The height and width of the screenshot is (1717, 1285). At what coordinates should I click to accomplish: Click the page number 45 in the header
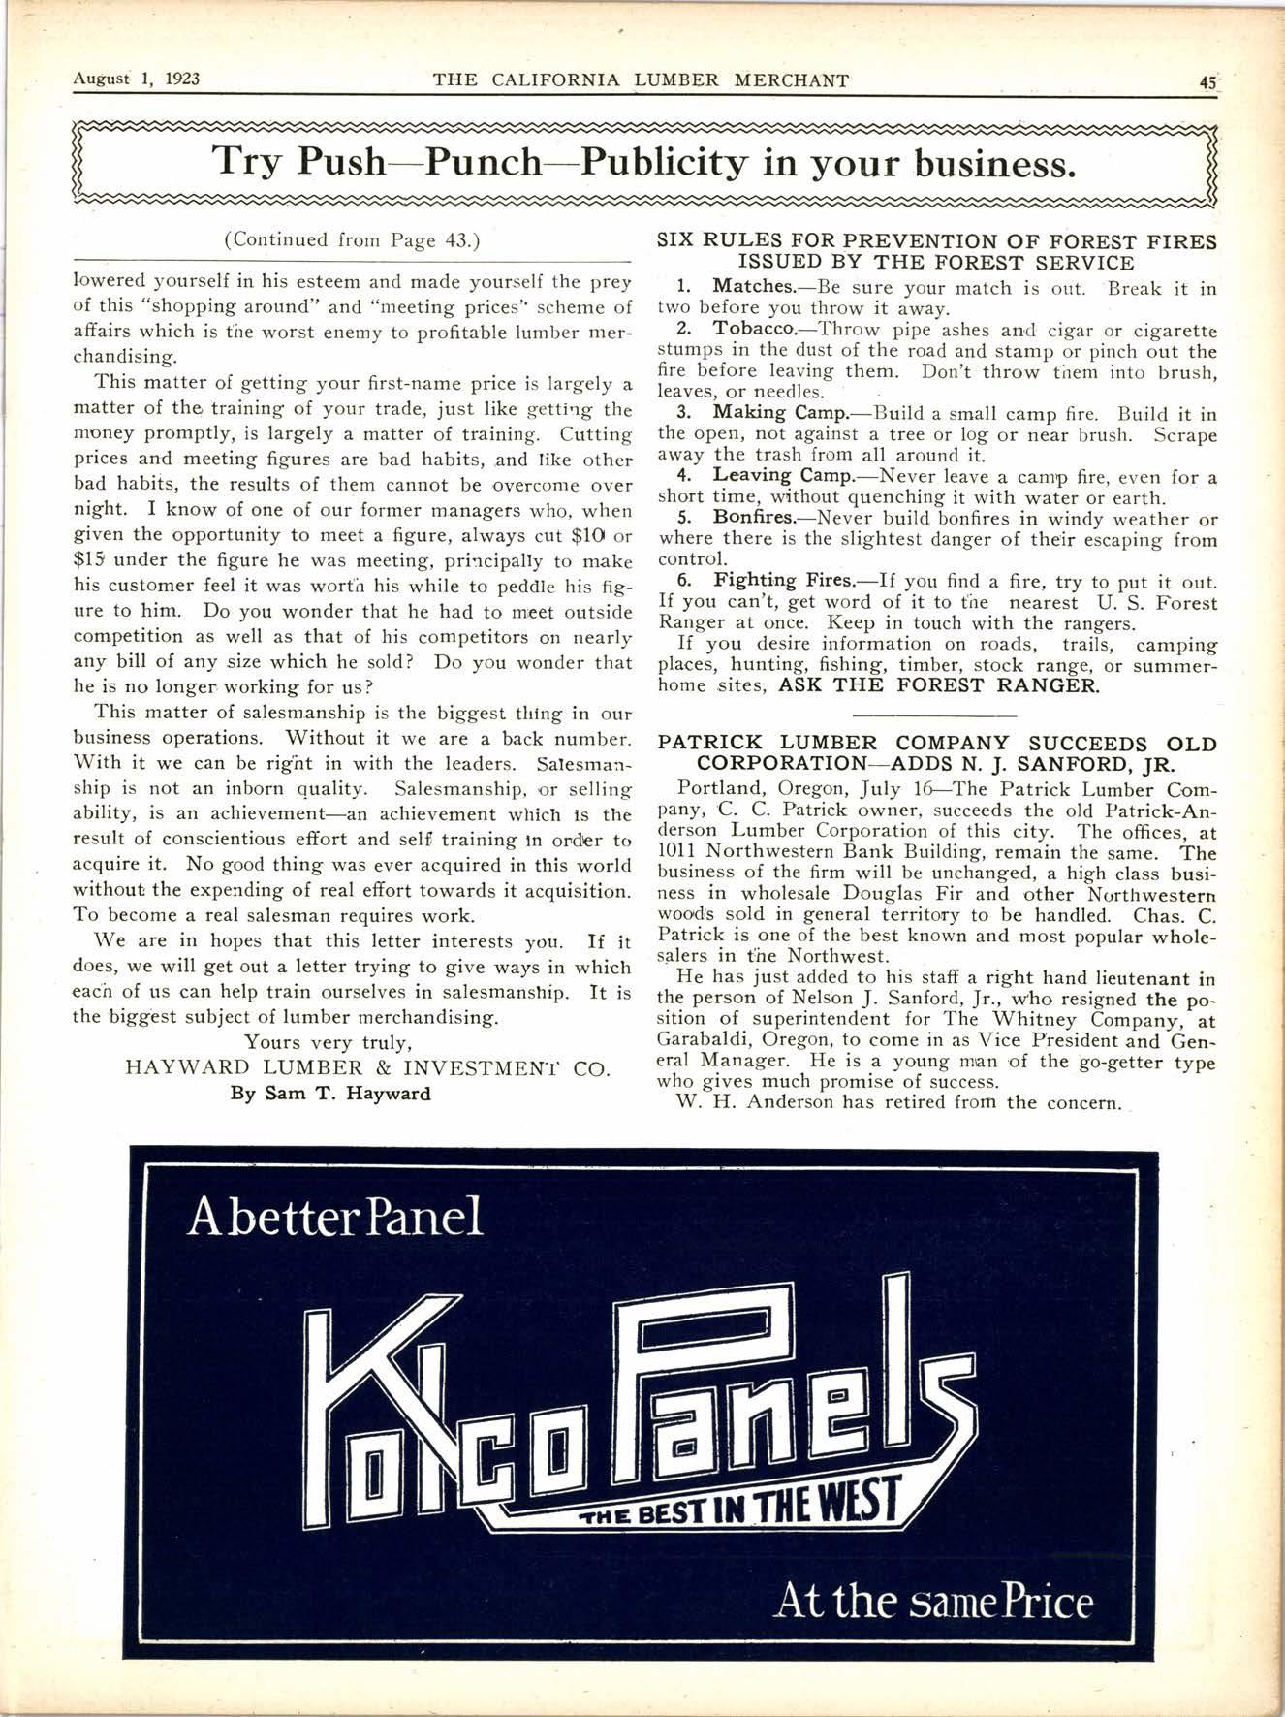pyautogui.click(x=1207, y=81)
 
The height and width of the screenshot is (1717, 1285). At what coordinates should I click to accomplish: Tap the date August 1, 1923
pyautogui.click(x=137, y=79)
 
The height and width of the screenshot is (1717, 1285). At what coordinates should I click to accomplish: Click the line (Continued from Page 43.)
pyautogui.click(x=353, y=239)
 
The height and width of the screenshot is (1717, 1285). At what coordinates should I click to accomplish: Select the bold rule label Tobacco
pyautogui.click(x=756, y=331)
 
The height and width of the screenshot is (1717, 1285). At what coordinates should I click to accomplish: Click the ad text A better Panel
pyautogui.click(x=335, y=1219)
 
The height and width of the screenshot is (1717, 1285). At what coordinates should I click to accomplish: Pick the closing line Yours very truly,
pyautogui.click(x=329, y=1044)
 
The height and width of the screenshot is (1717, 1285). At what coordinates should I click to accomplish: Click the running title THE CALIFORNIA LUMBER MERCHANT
pyautogui.click(x=641, y=80)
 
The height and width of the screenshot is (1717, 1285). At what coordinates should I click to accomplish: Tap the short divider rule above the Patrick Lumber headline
pyautogui.click(x=937, y=715)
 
